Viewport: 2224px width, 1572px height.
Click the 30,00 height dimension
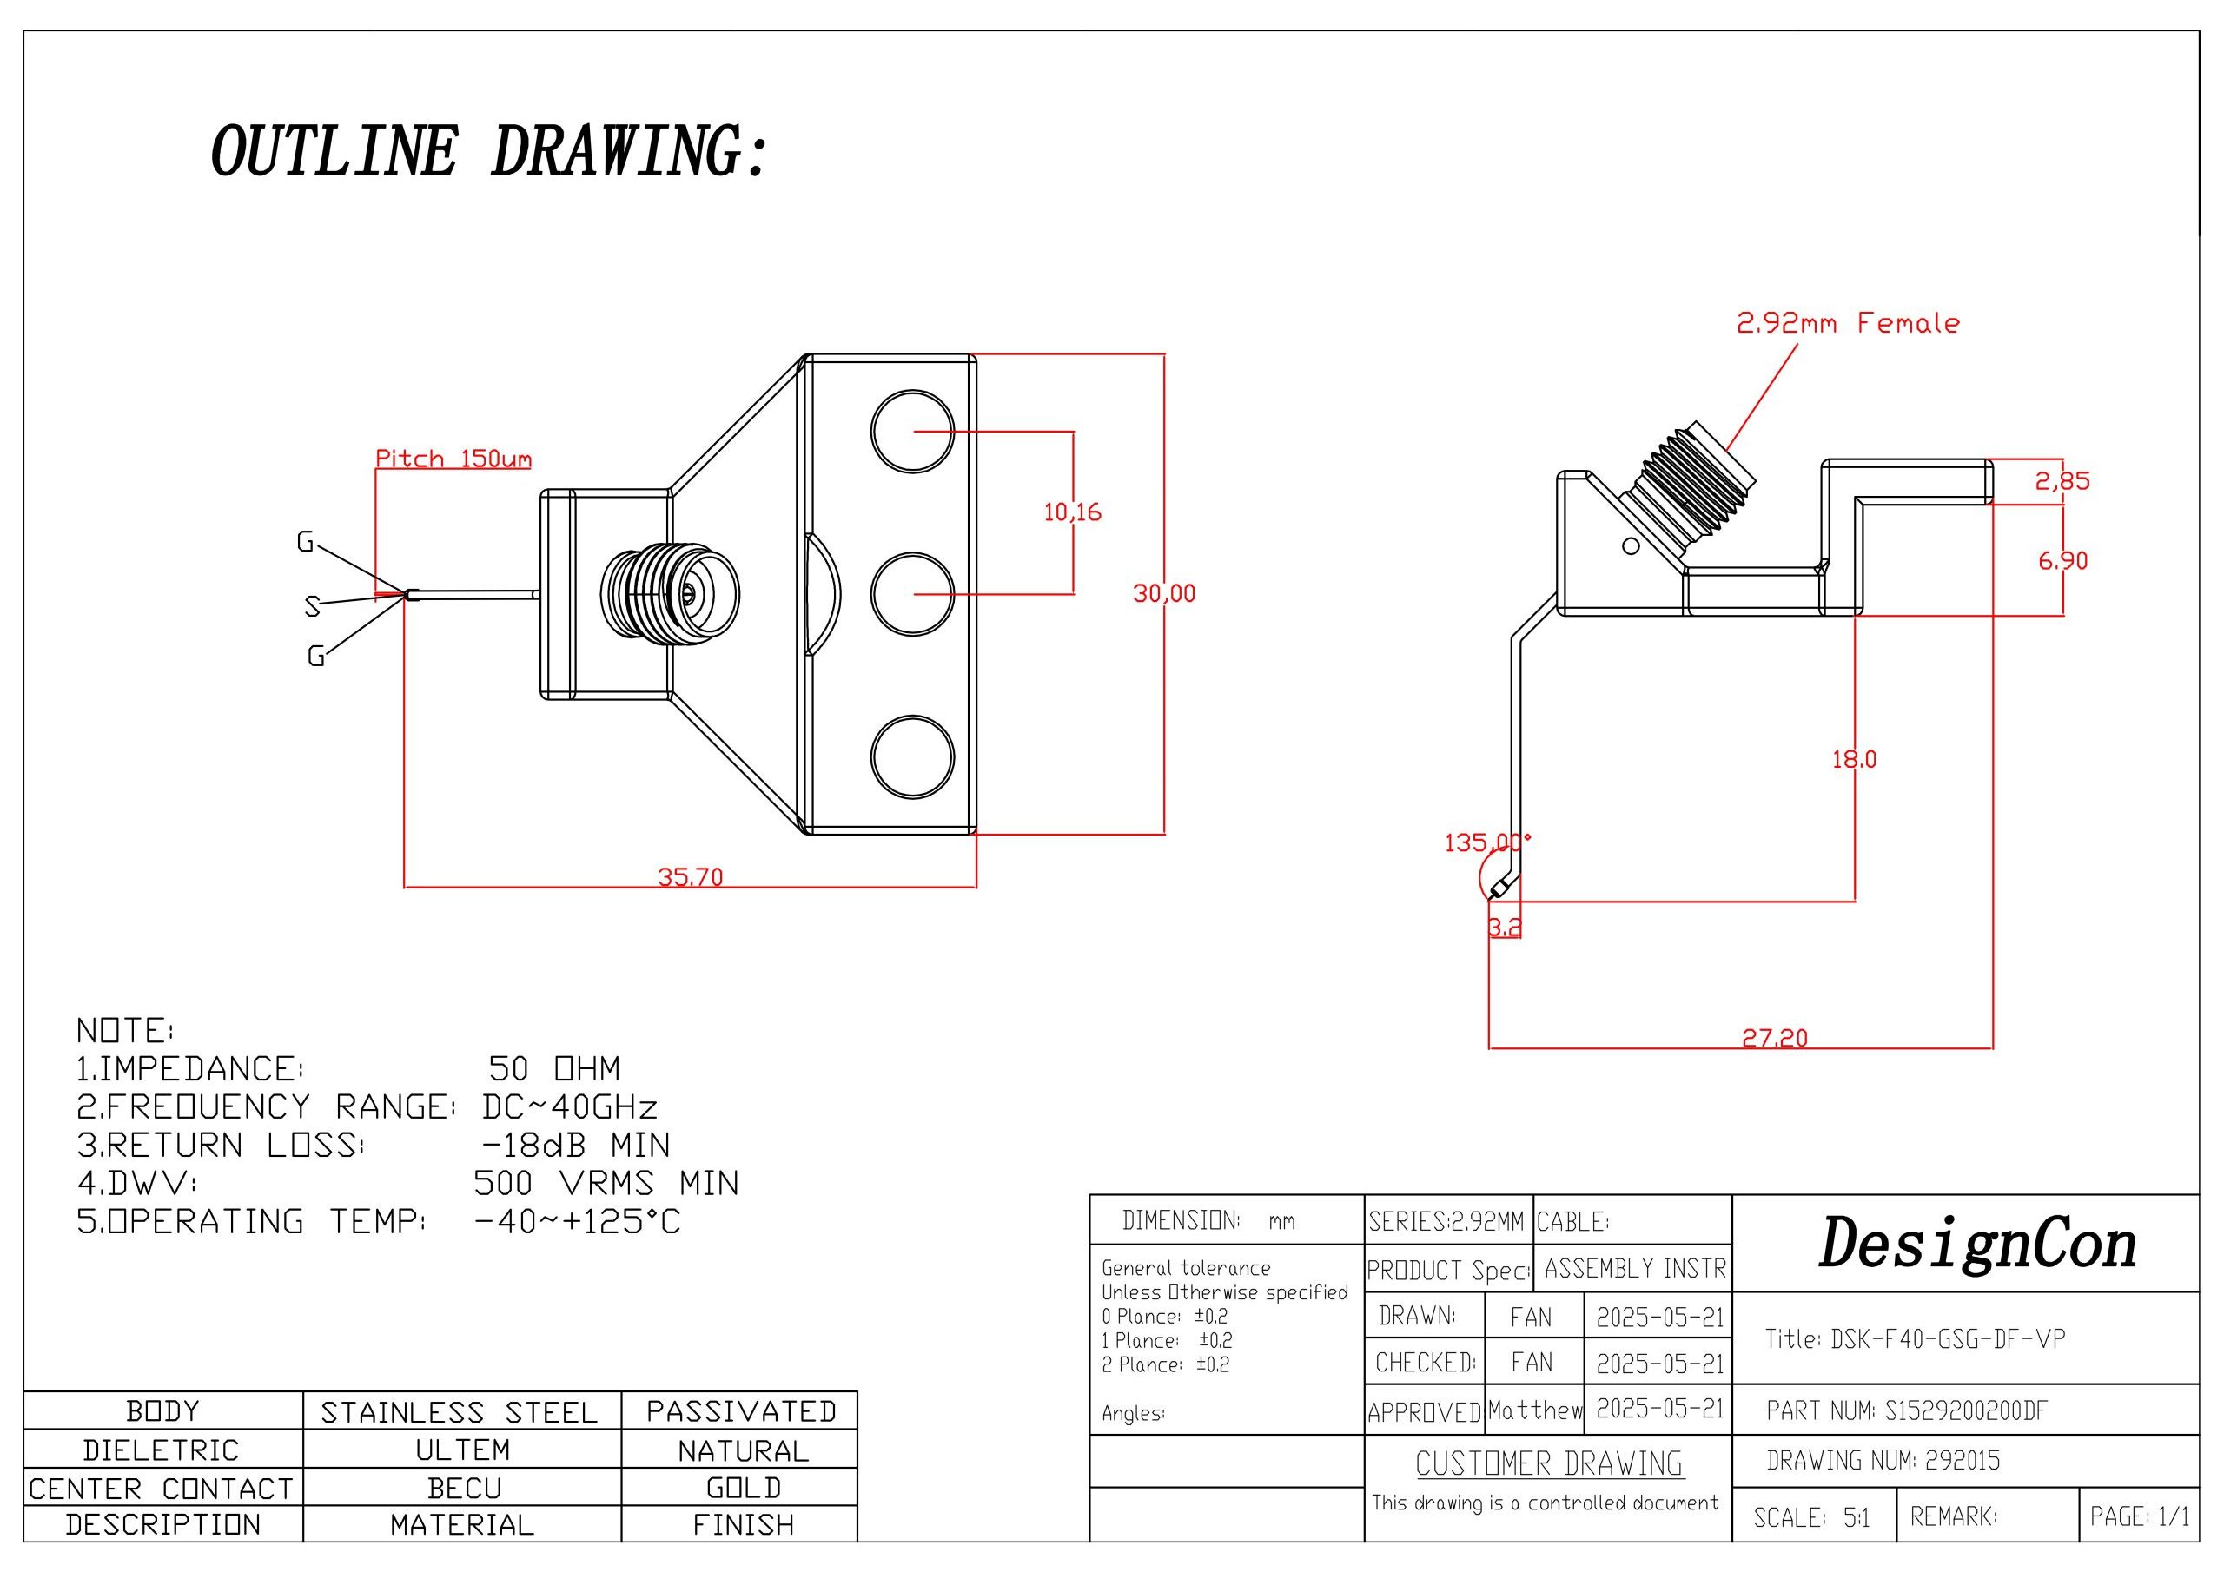pos(1163,593)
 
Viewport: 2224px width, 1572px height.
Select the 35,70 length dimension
pos(690,876)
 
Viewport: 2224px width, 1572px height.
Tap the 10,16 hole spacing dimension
pos(1072,512)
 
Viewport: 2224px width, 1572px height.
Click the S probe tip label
pos(312,606)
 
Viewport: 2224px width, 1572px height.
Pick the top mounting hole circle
pos(912,432)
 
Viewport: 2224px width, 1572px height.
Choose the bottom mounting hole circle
pos(912,757)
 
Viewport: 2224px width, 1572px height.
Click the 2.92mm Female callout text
pos(1847,323)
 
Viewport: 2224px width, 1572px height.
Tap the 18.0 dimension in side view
pos(1853,759)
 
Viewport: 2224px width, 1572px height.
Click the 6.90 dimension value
pos(2062,560)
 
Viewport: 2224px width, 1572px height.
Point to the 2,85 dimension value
pos(2062,480)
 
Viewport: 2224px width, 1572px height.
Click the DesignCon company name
pos(1977,1245)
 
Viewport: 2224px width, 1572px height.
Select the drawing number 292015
pos(1962,1460)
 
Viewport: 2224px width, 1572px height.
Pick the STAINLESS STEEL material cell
pos(460,1412)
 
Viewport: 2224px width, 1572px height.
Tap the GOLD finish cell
pos(743,1488)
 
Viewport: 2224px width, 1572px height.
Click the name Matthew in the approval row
pos(1534,1410)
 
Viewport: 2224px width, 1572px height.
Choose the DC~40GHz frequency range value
pos(570,1106)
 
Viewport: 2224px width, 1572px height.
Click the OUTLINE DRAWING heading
pos(489,151)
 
